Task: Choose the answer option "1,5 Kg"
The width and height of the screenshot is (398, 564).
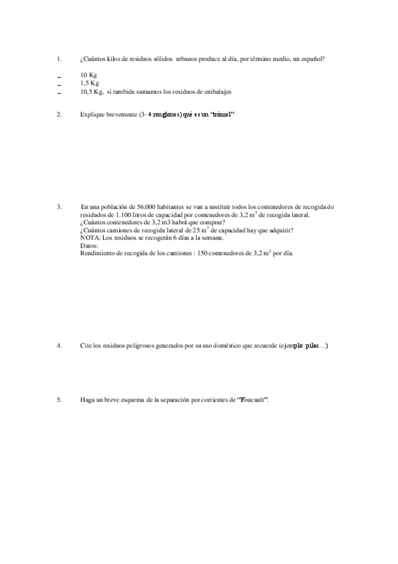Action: pyautogui.click(x=89, y=83)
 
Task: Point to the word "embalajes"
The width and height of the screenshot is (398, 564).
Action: pyautogui.click(x=218, y=91)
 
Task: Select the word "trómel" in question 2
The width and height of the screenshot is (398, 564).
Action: pyautogui.click(x=222, y=114)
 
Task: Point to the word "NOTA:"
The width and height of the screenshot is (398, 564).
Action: pyautogui.click(x=88, y=237)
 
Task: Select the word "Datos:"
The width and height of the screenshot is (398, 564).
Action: pyautogui.click(x=88, y=245)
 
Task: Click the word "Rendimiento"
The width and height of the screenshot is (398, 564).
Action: pyautogui.click(x=98, y=253)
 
